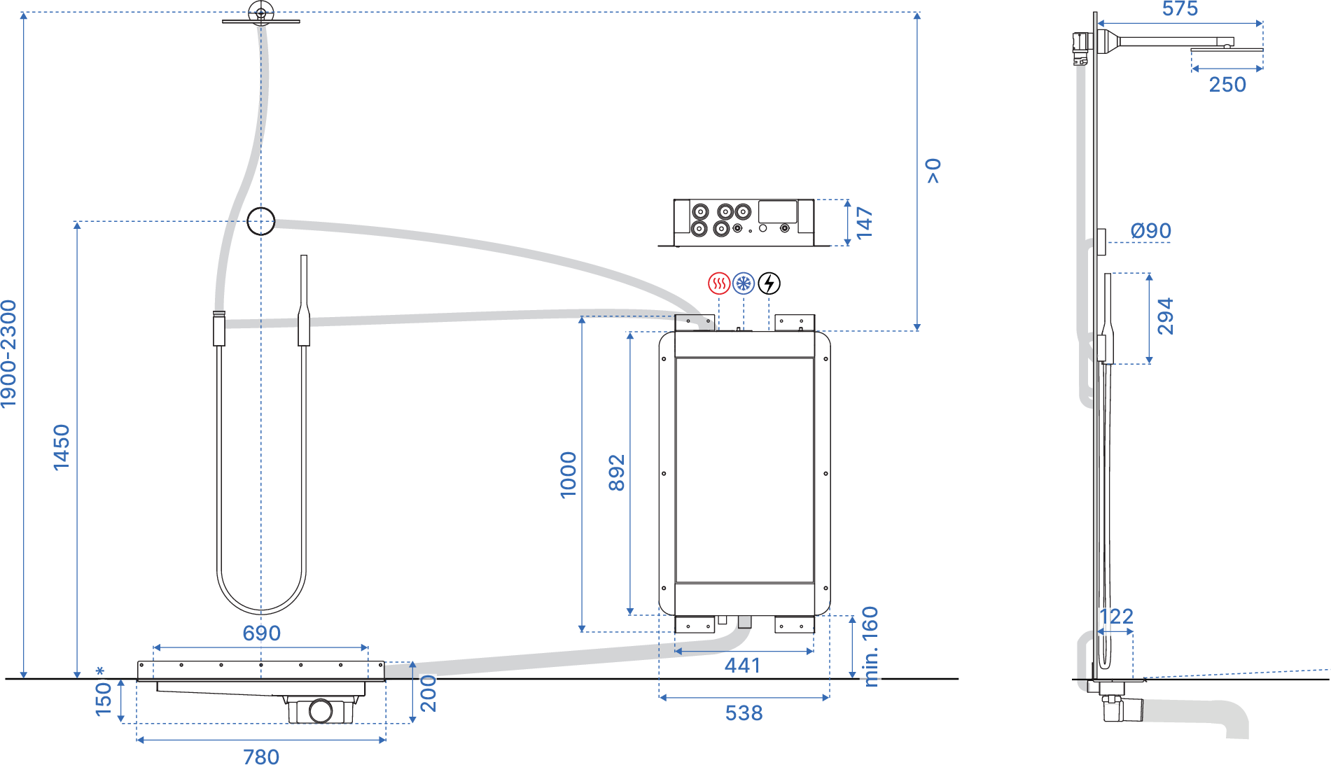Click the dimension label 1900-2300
pyautogui.click(x=8, y=353)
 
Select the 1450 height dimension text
pyautogui.click(x=62, y=447)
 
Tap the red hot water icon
pyautogui.click(x=718, y=283)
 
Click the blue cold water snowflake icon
pyautogui.click(x=743, y=283)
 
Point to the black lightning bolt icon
pyautogui.click(x=769, y=283)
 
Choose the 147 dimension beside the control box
pyautogui.click(x=865, y=223)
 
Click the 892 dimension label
pyautogui.click(x=616, y=472)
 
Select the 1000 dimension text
pyautogui.click(x=568, y=475)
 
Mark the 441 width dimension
pyautogui.click(x=742, y=665)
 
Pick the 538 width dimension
pyautogui.click(x=744, y=713)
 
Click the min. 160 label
pyautogui.click(x=870, y=647)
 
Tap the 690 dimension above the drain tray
pyautogui.click(x=261, y=633)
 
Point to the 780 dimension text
pyautogui.click(x=261, y=757)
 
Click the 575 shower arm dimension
pyautogui.click(x=1180, y=9)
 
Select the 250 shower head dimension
pyautogui.click(x=1227, y=85)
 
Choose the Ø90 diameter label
pyautogui.click(x=1150, y=230)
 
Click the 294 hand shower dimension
pyautogui.click(x=1165, y=316)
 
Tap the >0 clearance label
pyautogui.click(x=933, y=171)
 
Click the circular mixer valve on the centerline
pyautogui.click(x=261, y=221)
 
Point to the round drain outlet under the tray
pyautogui.click(x=321, y=710)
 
